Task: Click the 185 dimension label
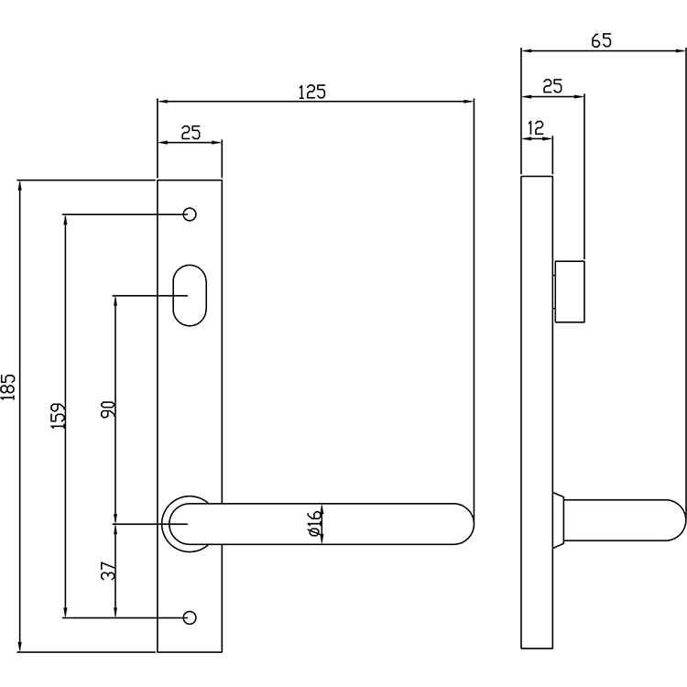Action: click(8, 387)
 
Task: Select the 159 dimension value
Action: click(58, 415)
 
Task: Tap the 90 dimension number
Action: click(108, 409)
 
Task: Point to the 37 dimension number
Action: click(108, 571)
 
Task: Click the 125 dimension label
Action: click(312, 92)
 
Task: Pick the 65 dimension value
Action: click(601, 40)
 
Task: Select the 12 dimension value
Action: click(536, 128)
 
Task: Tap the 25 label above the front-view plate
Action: click(191, 132)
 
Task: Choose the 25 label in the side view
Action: click(552, 86)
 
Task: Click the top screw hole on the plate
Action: click(190, 214)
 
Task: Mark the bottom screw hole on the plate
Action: click(190, 617)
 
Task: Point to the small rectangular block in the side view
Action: click(570, 292)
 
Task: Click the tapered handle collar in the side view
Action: click(558, 520)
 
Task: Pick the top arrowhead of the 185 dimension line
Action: click(19, 185)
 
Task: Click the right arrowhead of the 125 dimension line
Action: click(468, 102)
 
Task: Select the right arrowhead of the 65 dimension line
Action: click(680, 50)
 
